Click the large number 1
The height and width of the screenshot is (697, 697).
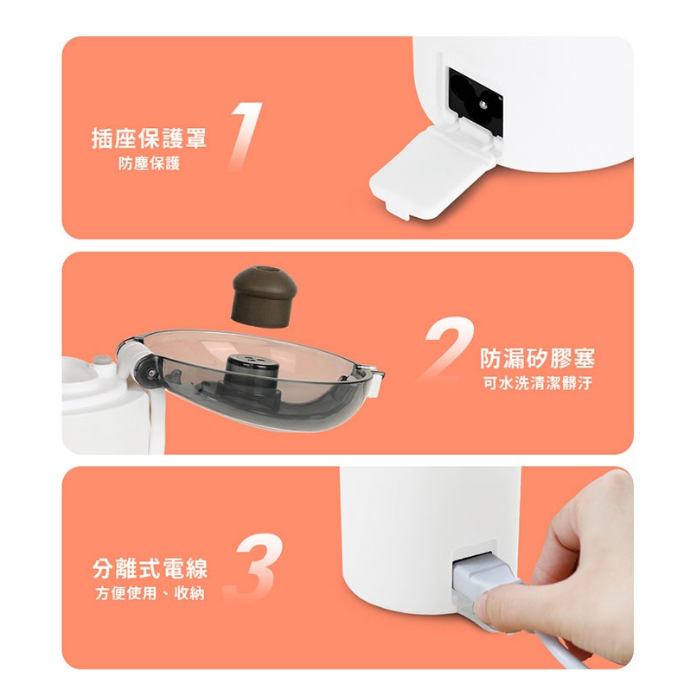[246, 136]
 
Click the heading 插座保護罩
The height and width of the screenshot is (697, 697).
[149, 137]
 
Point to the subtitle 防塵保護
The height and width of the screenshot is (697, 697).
[149, 163]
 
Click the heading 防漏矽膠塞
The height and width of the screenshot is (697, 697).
[537, 358]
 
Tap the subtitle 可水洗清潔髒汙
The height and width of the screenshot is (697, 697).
[537, 383]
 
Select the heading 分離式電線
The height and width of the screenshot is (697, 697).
[150, 568]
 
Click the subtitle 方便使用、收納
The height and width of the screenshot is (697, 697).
[150, 593]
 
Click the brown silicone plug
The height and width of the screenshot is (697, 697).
[264, 296]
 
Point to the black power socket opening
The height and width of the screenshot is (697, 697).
[475, 101]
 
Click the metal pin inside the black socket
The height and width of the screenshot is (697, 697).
[483, 104]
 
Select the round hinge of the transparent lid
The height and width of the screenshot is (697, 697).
[147, 372]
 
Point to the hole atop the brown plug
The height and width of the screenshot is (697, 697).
[267, 270]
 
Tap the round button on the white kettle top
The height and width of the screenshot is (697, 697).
[102, 360]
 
